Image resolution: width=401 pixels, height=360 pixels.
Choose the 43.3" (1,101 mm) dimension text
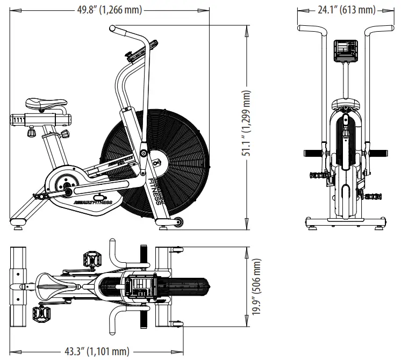pos(97,351)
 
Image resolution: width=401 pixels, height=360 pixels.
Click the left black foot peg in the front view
pos(313,153)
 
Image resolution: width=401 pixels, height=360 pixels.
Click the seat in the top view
pos(51,283)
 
